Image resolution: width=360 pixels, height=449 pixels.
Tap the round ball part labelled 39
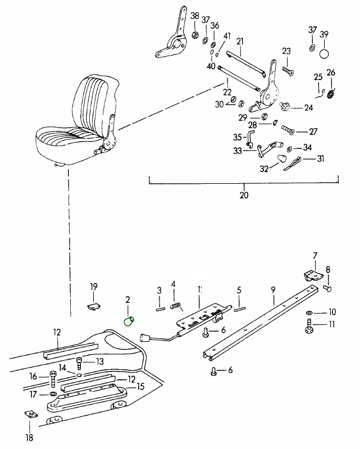click(x=324, y=54)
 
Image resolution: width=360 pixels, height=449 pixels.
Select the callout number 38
click(x=195, y=15)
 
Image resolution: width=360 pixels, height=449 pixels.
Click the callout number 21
click(x=240, y=41)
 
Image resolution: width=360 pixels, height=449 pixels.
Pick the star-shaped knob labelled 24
click(x=288, y=107)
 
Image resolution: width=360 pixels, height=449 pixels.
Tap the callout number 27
click(x=313, y=132)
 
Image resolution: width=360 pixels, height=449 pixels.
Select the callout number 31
click(x=321, y=159)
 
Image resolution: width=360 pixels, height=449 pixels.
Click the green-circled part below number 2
click(x=129, y=321)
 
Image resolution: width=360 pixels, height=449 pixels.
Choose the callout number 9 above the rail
click(x=273, y=291)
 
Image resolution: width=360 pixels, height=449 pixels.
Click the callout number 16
click(x=33, y=377)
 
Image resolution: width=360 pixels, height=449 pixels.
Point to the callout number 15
click(x=140, y=387)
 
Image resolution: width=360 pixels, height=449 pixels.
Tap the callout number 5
click(x=239, y=291)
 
